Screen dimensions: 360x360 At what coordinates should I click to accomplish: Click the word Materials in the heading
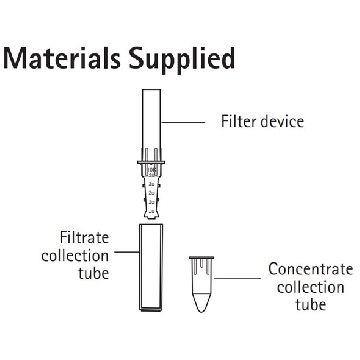point(62,58)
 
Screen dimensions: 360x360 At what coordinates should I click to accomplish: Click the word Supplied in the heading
point(182,61)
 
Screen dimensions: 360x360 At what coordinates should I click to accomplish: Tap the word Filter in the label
point(238,121)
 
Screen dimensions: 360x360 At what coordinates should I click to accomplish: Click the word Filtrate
point(84,238)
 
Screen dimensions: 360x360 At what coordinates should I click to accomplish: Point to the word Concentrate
point(311,269)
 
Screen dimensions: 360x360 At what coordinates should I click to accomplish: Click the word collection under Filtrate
point(75,256)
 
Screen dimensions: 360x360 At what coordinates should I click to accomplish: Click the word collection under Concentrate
point(310,287)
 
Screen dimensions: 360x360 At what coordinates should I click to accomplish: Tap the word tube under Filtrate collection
point(94,274)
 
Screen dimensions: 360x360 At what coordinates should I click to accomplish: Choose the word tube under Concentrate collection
point(311,305)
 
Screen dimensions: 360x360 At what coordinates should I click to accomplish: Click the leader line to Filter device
point(183,122)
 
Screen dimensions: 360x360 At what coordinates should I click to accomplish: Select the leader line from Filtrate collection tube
point(127,252)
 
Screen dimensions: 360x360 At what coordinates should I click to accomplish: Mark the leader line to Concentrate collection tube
point(237,278)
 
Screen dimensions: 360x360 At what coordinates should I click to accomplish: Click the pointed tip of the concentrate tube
point(201,311)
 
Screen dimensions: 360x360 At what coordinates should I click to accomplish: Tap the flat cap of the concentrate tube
point(201,258)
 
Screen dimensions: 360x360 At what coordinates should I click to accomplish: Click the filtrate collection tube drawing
point(151,267)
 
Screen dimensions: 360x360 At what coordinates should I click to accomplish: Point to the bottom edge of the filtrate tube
point(151,310)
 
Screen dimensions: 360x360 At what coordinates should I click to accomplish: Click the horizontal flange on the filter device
point(151,163)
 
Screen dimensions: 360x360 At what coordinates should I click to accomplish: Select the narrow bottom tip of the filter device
point(151,216)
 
